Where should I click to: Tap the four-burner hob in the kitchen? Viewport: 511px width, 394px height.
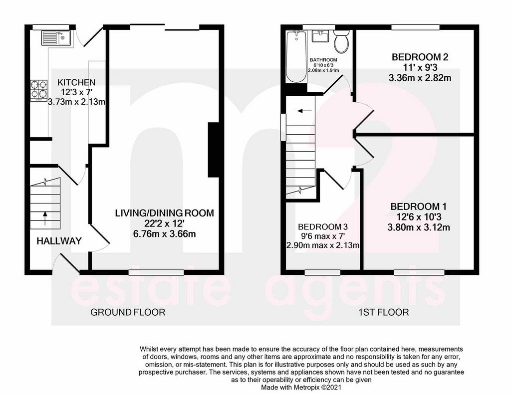(39, 91)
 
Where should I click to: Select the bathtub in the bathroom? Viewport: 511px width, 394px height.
(296, 57)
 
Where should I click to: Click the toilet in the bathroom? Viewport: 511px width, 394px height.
(341, 42)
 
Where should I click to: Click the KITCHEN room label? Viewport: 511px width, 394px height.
(76, 82)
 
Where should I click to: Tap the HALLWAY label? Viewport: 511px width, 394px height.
(59, 241)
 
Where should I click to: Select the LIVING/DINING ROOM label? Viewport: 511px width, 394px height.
(165, 213)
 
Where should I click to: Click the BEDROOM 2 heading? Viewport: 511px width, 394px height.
(420, 57)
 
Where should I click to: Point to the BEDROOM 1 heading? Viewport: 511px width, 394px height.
(419, 206)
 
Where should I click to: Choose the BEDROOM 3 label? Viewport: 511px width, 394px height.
(323, 226)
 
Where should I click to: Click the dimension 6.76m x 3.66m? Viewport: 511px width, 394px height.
(165, 234)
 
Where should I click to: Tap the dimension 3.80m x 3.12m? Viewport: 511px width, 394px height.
(419, 227)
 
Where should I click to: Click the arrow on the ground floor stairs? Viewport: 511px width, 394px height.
(45, 218)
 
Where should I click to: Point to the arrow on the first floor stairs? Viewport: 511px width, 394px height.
(304, 111)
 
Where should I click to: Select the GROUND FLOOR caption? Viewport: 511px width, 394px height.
(128, 312)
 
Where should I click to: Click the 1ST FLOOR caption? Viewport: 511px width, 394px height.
(384, 313)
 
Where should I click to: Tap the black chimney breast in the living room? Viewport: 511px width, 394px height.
(214, 150)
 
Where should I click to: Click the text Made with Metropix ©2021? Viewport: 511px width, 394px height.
(301, 388)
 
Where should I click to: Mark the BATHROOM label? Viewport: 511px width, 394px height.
(323, 60)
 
